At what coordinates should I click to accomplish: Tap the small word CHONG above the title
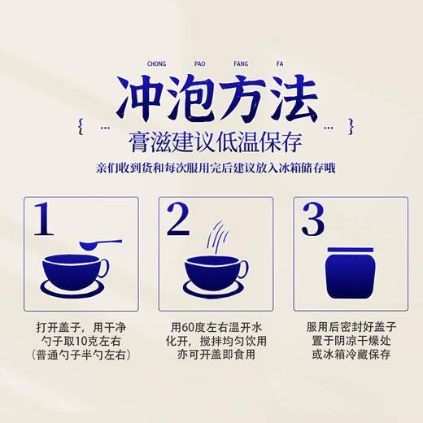tap(156, 62)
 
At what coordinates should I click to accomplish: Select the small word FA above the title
tap(283, 62)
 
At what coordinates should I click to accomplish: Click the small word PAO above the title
tap(198, 62)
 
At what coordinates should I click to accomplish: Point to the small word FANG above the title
tap(242, 62)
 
